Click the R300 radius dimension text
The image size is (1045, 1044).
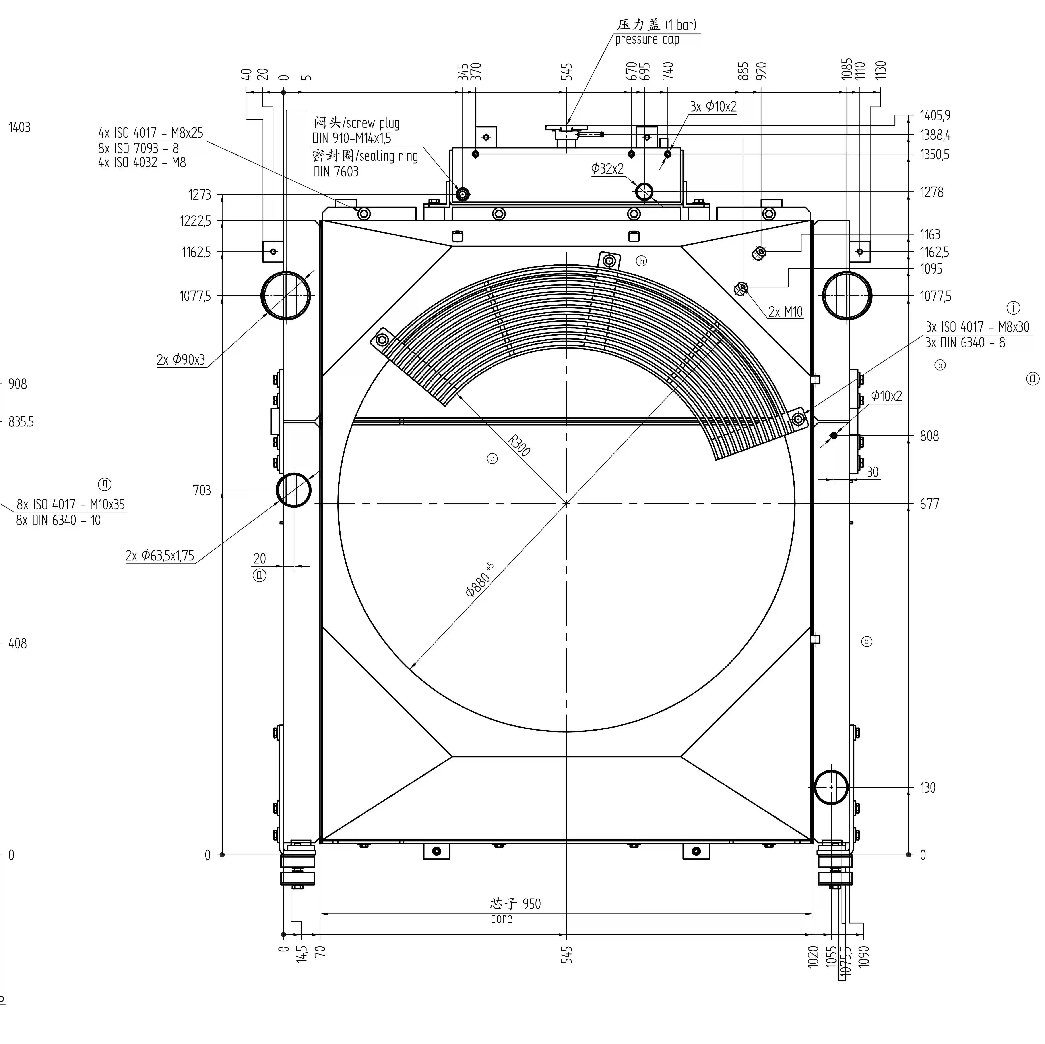click(519, 445)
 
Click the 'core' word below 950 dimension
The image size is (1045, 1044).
click(501, 919)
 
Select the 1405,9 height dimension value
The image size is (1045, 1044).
click(935, 116)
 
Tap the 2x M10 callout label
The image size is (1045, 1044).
click(785, 312)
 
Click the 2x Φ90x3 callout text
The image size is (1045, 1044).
click(181, 359)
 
